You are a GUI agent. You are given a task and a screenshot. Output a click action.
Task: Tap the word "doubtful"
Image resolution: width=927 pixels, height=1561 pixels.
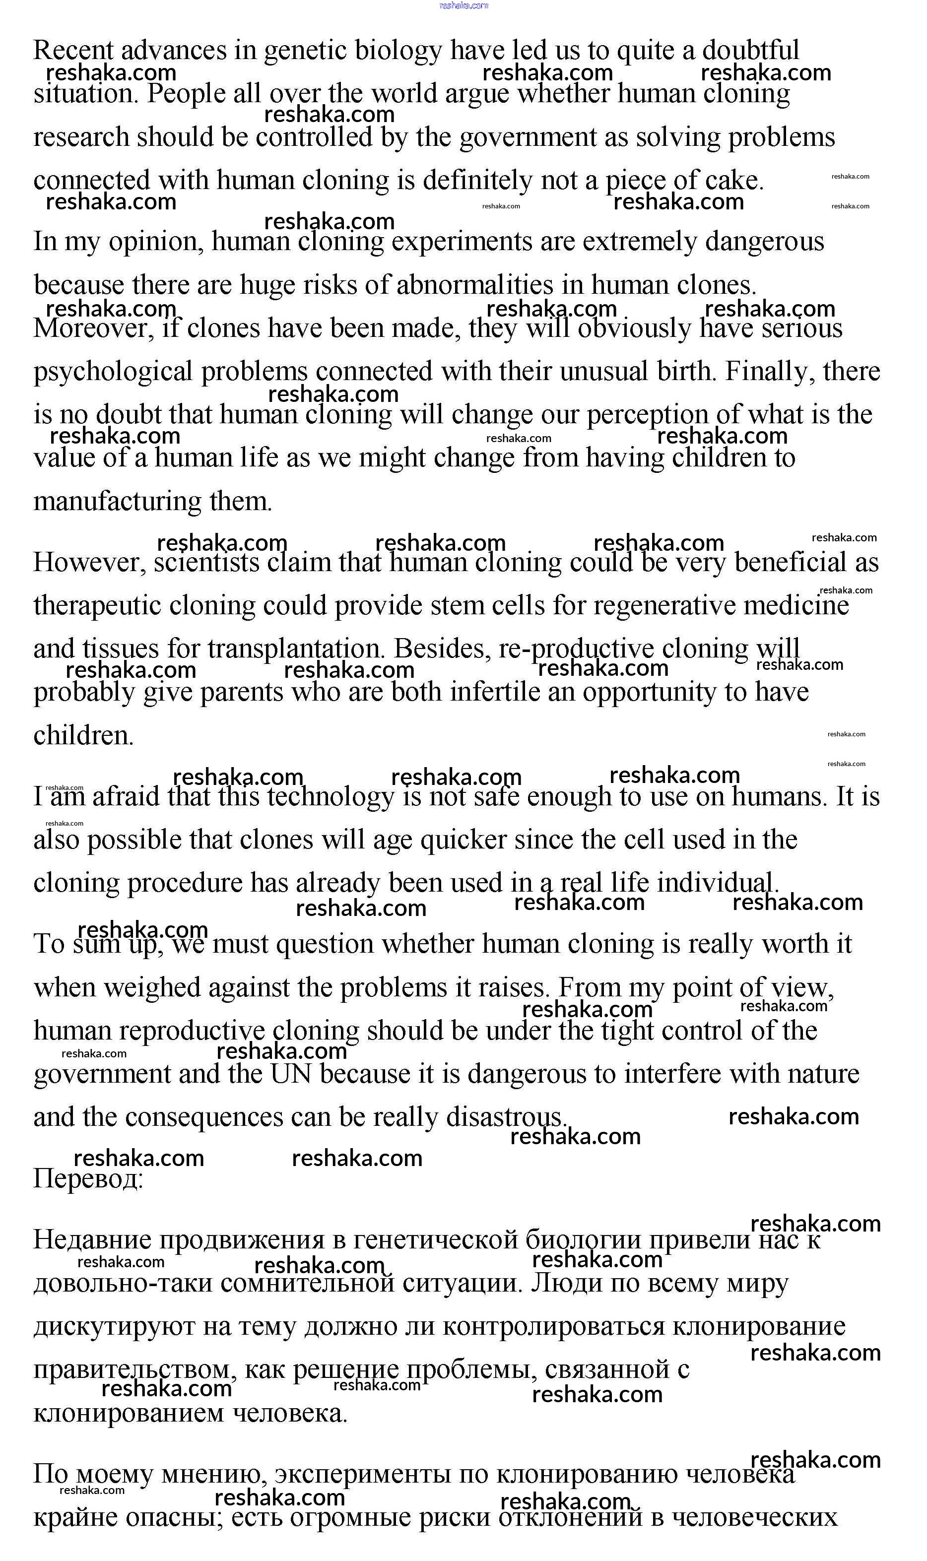pyautogui.click(x=750, y=50)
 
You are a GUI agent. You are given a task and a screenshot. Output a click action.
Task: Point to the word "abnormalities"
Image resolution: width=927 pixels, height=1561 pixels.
pyautogui.click(x=474, y=285)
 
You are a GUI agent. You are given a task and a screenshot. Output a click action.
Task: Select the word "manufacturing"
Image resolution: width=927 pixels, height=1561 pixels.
pyautogui.click(x=117, y=501)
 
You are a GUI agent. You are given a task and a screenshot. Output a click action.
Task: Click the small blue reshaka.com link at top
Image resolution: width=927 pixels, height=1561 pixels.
pyautogui.click(x=463, y=5)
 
